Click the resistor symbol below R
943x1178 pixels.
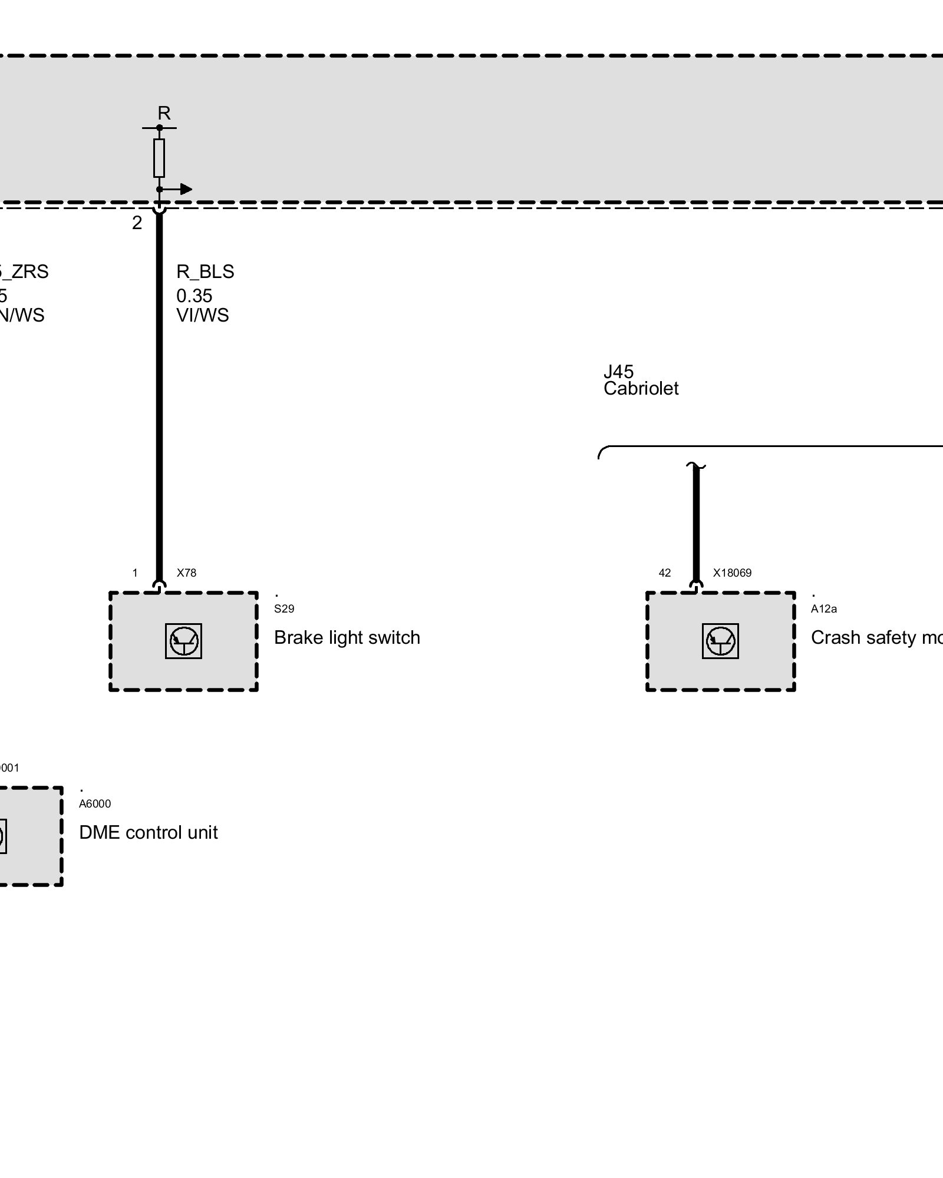pos(159,158)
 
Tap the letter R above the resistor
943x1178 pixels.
pos(164,113)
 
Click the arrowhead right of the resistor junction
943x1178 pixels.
pos(186,189)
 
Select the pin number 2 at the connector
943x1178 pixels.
pos(137,223)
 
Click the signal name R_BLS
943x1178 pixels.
pos(205,272)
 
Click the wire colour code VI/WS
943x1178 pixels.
pos(202,315)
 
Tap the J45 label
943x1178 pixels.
pos(618,372)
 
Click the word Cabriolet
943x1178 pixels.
pos(641,389)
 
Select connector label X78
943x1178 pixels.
pos(186,573)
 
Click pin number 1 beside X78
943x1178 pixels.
pos(135,573)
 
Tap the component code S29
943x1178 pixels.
pos(284,609)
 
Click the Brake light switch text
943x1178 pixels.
pos(347,637)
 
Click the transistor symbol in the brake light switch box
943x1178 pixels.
pos(184,641)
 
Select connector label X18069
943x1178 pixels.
pos(732,573)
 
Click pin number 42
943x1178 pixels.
pos(665,573)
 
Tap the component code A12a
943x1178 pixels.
pos(823,609)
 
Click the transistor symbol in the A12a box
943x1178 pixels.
pos(720,641)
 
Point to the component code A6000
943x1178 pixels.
pos(95,804)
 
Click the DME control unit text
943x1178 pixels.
pos(149,832)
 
